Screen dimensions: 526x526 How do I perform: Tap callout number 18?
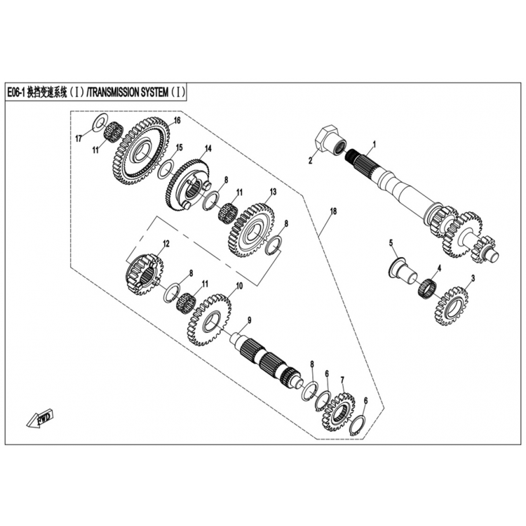pos(333,211)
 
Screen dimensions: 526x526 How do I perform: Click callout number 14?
pos(208,149)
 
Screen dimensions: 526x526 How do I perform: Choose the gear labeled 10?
pos(209,320)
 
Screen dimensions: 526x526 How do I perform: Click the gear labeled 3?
pos(452,306)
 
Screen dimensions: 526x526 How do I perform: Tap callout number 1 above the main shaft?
pos(375,145)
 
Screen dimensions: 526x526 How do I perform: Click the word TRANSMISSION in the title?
pos(128,92)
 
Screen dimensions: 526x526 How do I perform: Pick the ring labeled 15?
pos(166,168)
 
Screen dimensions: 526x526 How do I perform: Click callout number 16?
pos(177,120)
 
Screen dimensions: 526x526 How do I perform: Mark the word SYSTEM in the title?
pos(158,92)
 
